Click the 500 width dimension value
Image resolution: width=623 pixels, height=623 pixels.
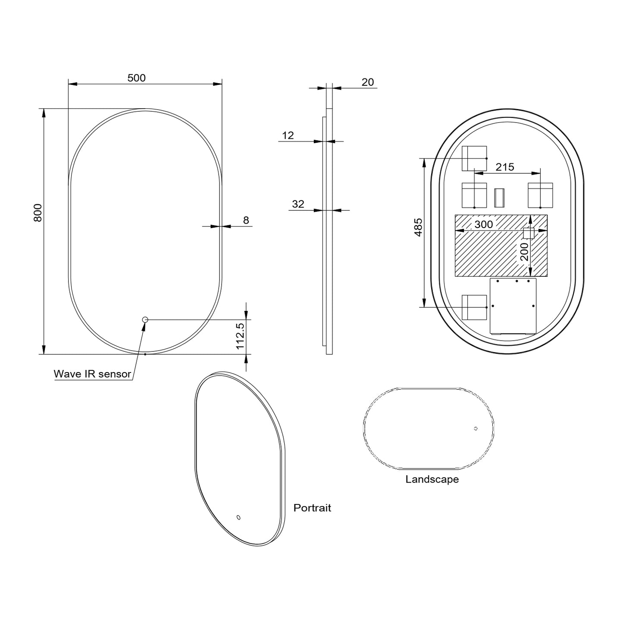137,78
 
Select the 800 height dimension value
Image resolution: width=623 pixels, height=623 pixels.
38,213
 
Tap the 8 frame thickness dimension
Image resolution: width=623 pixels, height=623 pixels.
246,220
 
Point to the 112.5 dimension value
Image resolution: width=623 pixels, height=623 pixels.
241,336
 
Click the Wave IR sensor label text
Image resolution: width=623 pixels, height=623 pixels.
92,374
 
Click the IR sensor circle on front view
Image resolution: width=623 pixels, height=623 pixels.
145,319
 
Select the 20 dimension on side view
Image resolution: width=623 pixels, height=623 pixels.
367,82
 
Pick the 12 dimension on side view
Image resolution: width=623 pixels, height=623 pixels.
288,135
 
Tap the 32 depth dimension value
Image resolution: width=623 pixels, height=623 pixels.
298,204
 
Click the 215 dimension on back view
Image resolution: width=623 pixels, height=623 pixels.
504,167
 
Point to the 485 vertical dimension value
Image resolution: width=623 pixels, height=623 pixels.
418,227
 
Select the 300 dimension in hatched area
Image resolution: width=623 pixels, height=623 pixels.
483,224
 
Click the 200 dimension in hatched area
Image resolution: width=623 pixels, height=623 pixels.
524,252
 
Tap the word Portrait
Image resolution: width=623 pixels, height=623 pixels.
312,508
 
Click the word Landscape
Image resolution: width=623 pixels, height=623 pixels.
432,479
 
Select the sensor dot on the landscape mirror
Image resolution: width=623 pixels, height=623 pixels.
476,429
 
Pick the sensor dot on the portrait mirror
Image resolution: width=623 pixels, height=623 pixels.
238,517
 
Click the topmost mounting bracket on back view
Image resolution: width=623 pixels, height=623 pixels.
474,158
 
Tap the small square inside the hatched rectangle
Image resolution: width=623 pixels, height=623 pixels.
529,233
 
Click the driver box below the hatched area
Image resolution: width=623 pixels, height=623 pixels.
513,306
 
